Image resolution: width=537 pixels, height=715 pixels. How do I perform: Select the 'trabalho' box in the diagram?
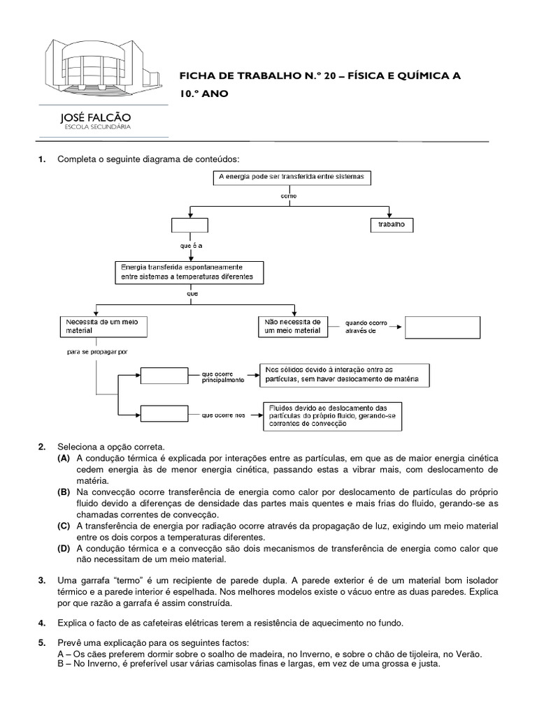(392, 225)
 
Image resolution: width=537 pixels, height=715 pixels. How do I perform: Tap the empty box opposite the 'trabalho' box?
(189, 225)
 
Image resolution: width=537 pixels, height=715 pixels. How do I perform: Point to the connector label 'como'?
(289, 196)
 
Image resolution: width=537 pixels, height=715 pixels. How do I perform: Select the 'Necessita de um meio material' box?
(95, 325)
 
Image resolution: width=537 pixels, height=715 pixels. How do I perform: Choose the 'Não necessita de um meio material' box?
(292, 325)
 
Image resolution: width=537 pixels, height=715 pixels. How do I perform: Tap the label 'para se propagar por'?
(97, 352)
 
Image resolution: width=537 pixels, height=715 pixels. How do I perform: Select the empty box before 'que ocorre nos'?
(165, 415)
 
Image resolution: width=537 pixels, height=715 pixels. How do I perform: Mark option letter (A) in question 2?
(64, 458)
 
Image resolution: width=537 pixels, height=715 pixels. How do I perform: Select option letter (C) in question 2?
(64, 526)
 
